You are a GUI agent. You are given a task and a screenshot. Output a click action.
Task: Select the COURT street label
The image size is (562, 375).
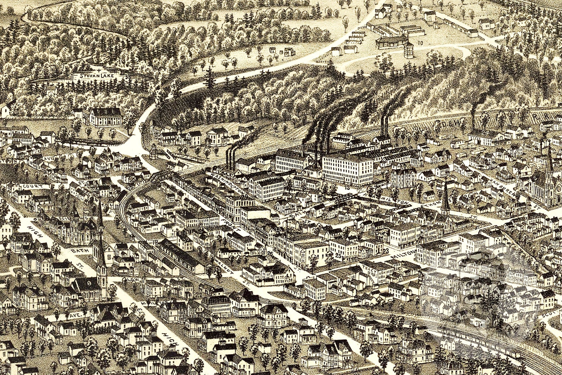34,186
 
